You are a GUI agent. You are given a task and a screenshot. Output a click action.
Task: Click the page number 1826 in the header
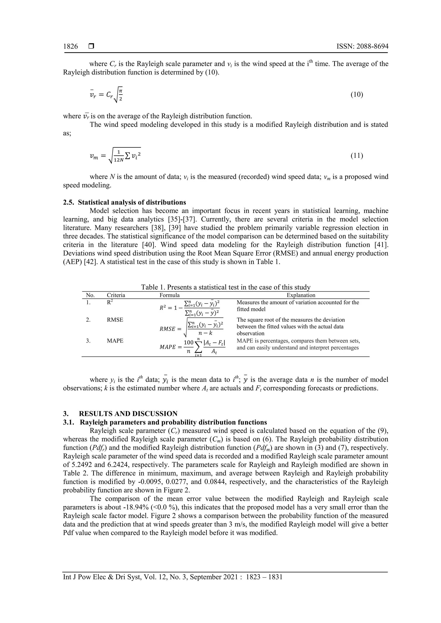coord(70,46)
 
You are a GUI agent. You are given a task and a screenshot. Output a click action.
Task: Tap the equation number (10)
coord(357,94)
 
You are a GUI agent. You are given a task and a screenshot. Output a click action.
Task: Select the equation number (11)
coord(357,155)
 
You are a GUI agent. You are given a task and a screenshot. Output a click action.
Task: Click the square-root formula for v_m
coord(115,156)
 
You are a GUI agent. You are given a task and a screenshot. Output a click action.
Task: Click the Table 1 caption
coord(225,287)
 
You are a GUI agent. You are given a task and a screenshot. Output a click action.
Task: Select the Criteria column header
coord(116,295)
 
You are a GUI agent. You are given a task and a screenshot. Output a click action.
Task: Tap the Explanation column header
coord(301,295)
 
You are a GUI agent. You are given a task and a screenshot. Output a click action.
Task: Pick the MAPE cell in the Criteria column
coord(115,341)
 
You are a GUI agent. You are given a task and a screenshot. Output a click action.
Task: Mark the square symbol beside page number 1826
coord(91,46)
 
